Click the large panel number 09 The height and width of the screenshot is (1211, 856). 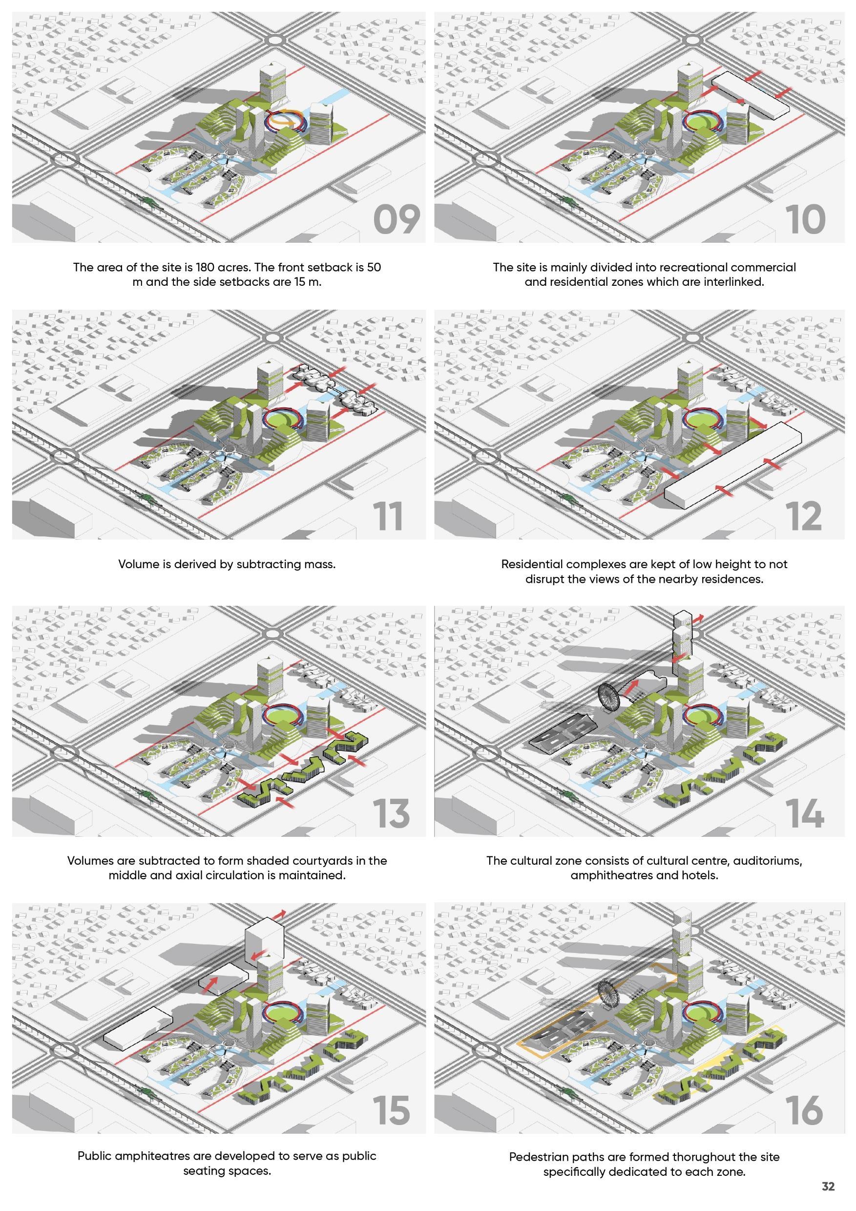pyautogui.click(x=397, y=220)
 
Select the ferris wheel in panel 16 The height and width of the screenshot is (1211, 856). pyautogui.click(x=611, y=995)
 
